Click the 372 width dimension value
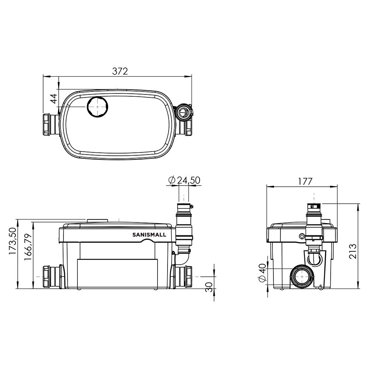[120, 71]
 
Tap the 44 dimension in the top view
[54, 99]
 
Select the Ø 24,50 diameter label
[184, 180]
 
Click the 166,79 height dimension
[28, 247]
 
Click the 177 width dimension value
[305, 182]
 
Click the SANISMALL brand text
[149, 235]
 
